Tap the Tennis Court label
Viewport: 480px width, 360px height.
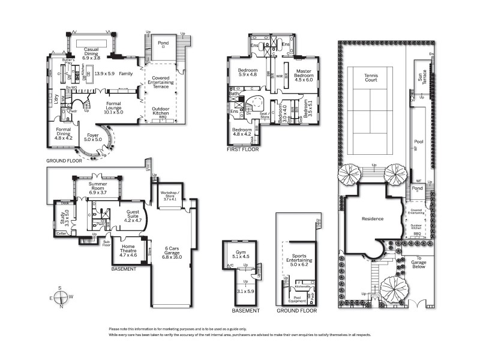(376, 79)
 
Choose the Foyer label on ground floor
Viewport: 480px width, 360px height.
(92, 137)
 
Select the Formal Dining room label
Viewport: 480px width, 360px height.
(64, 132)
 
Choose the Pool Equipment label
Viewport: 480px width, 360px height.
(297, 299)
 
